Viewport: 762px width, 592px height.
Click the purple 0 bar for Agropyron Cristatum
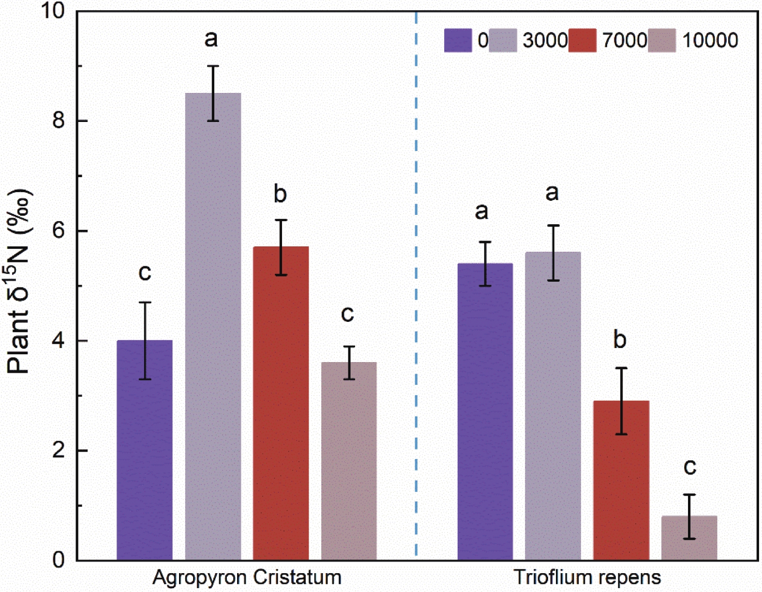[145, 450]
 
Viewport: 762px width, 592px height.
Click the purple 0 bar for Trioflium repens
[485, 411]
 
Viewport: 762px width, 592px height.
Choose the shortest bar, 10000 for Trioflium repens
[689, 538]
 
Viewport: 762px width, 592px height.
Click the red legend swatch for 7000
[583, 40]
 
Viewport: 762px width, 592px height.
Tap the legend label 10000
[710, 40]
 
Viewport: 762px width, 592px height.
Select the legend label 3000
[545, 40]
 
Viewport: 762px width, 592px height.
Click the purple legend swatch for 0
[458, 40]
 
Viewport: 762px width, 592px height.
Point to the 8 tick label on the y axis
[59, 121]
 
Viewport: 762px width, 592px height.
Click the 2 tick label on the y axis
[59, 451]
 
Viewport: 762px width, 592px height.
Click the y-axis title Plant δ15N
[19, 281]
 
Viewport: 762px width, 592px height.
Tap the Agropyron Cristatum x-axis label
[247, 577]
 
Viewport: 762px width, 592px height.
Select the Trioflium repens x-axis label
[587, 577]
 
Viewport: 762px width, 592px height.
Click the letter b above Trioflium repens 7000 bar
[620, 340]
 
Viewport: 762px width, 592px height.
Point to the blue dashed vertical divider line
[416, 290]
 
